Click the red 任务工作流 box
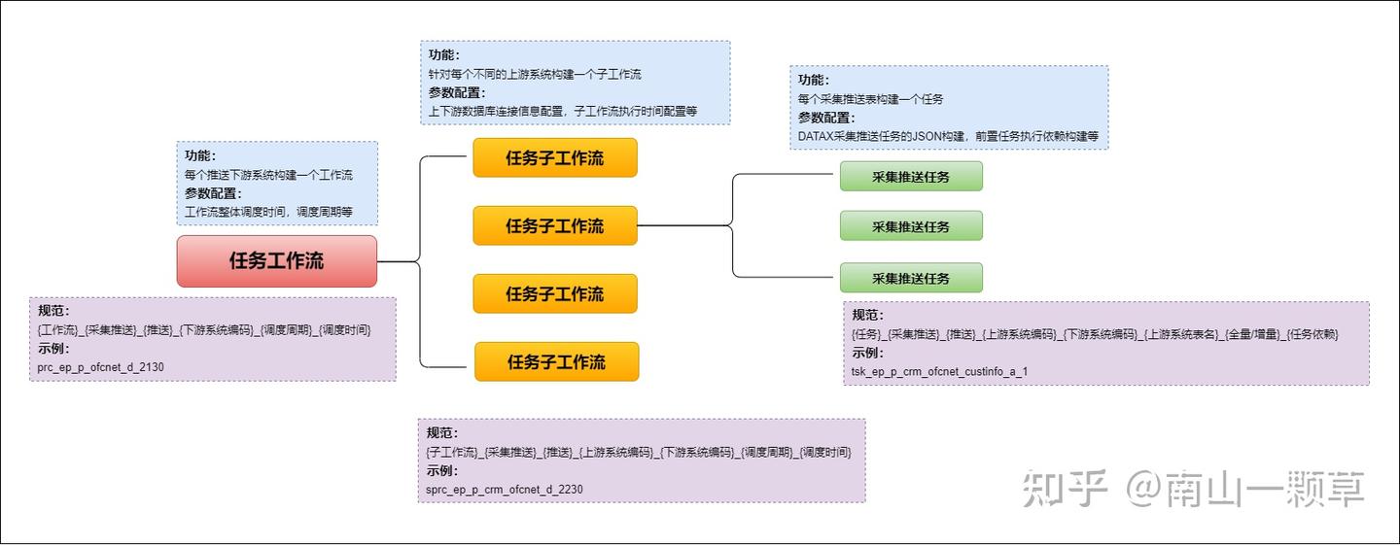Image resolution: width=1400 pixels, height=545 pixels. click(x=276, y=261)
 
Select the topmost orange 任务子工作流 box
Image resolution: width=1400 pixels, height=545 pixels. click(x=554, y=157)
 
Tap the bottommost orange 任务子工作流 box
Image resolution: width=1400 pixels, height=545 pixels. click(x=556, y=361)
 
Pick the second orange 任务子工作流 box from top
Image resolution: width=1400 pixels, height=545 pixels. click(x=554, y=225)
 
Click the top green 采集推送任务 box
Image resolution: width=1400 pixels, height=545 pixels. click(x=911, y=177)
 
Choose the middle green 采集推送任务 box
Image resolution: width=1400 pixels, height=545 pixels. click(x=911, y=226)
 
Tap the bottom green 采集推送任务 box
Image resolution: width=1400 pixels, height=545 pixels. click(x=911, y=278)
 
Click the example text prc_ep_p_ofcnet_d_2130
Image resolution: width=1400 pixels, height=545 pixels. click(x=101, y=367)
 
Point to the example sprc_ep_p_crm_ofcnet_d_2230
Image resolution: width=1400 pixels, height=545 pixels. click(x=504, y=490)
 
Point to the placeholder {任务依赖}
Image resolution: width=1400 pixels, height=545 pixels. click(x=1312, y=334)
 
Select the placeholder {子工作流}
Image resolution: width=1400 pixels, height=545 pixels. click(x=454, y=452)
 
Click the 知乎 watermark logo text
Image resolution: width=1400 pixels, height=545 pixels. click(x=1065, y=489)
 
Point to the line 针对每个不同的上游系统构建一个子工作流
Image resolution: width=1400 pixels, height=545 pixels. click(x=535, y=74)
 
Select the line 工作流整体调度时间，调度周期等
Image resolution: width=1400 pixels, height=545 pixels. click(x=268, y=212)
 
